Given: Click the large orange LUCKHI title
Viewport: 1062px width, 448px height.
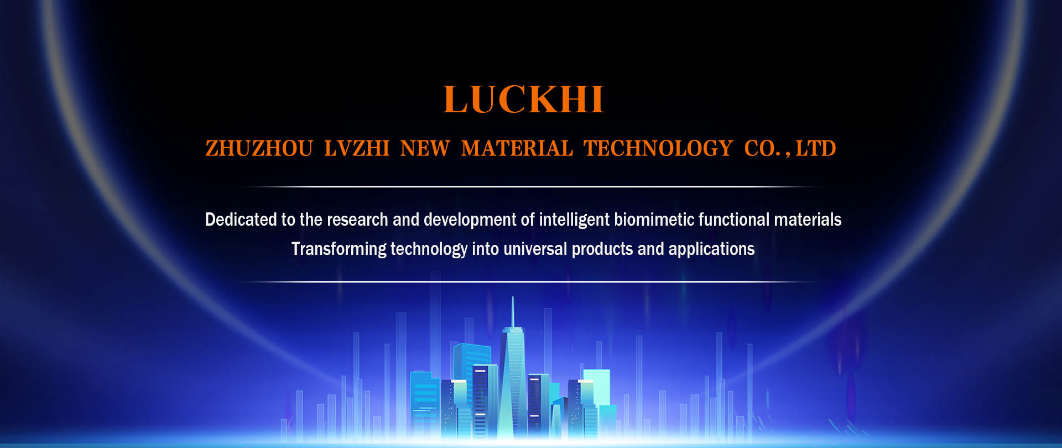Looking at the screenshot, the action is [523, 100].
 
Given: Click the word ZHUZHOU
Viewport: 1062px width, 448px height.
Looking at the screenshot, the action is [259, 148].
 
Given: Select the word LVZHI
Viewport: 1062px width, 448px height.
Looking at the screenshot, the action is [357, 148].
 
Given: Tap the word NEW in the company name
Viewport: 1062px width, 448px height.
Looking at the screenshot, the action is [425, 148].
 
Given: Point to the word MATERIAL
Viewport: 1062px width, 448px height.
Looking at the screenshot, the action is [517, 148].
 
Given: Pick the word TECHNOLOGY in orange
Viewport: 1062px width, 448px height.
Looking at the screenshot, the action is [658, 148].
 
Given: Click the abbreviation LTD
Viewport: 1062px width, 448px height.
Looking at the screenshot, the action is [816, 148].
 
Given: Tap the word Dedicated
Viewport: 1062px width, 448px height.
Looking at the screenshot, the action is [241, 220].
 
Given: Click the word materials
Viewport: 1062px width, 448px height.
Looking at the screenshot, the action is [808, 220].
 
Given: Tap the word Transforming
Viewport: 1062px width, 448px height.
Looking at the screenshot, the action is [339, 250].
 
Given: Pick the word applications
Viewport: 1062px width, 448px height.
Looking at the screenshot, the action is [711, 250].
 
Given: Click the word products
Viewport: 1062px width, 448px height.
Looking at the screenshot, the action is [602, 250].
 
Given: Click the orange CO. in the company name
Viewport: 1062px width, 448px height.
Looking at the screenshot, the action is [763, 148].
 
